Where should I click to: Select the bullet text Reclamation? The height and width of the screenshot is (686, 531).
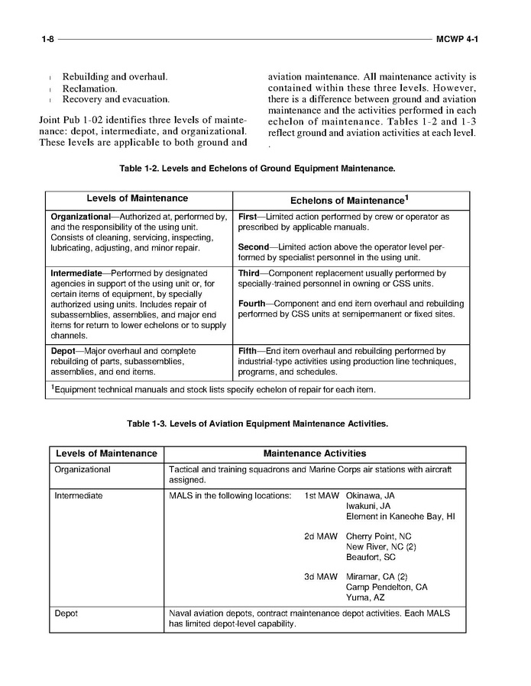[x=89, y=89]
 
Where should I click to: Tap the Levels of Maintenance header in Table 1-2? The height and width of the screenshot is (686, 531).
[x=137, y=198]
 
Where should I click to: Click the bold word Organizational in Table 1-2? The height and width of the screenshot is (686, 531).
[x=80, y=217]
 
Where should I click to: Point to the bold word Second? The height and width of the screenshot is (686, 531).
[x=253, y=248]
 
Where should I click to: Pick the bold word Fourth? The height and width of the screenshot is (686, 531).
[x=254, y=304]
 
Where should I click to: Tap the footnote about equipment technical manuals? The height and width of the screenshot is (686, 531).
[x=213, y=390]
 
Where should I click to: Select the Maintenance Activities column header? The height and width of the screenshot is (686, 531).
[x=314, y=454]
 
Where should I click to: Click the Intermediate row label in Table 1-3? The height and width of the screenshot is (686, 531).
[x=79, y=496]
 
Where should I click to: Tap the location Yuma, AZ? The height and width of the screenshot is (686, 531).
[x=364, y=597]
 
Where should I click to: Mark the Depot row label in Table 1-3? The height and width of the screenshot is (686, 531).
[x=66, y=614]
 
